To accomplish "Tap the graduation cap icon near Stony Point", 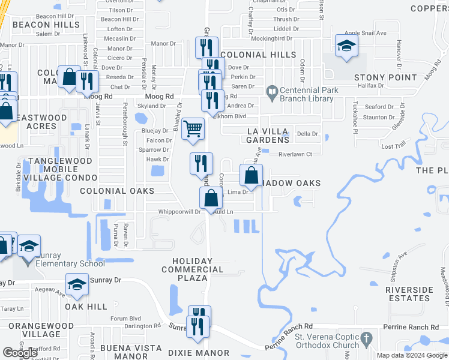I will click(x=346, y=46).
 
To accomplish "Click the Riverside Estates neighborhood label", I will click(x=409, y=294).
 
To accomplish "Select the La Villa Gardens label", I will click(x=268, y=135).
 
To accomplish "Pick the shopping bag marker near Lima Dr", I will click(x=252, y=176).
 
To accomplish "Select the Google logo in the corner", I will click(x=20, y=352).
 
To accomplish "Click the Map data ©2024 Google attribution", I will click(x=412, y=355).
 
